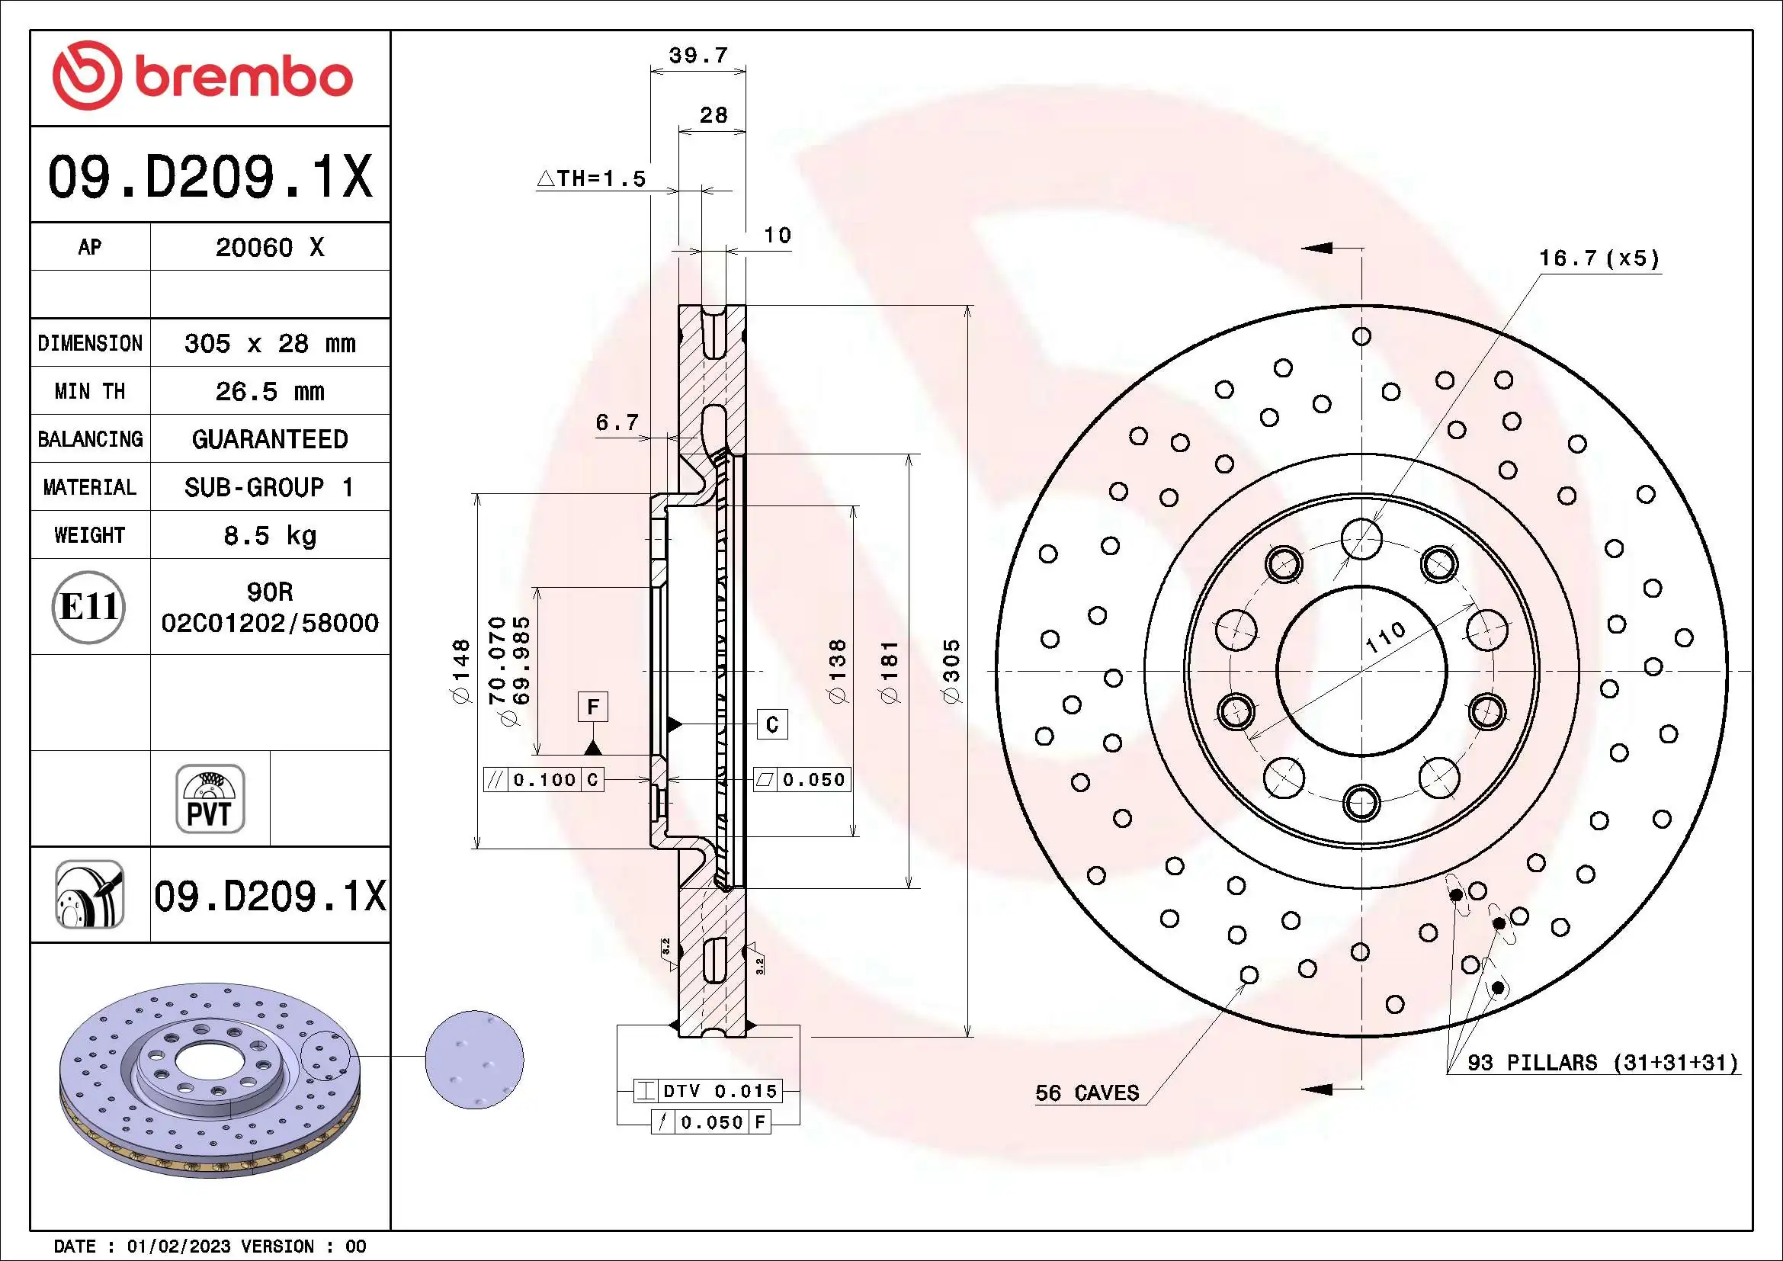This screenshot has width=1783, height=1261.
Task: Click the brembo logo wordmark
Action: click(x=242, y=78)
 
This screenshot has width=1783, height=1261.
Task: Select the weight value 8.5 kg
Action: click(x=269, y=535)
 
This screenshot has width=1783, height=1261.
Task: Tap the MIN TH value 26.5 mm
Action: click(x=269, y=391)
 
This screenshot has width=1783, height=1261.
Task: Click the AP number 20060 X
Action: click(x=269, y=248)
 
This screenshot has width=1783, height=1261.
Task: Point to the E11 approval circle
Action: click(x=88, y=606)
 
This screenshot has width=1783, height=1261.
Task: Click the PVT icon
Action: click(x=210, y=799)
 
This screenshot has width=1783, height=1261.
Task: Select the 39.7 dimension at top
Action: click(x=698, y=56)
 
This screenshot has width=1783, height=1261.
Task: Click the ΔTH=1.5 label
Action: click(x=592, y=178)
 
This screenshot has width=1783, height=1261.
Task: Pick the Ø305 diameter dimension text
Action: click(x=951, y=672)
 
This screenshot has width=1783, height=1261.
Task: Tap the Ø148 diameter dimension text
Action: click(x=461, y=672)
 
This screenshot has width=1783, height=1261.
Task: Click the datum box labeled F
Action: click(x=592, y=707)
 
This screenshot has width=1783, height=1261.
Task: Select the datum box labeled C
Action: click(x=772, y=724)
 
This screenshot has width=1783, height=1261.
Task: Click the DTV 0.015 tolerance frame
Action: click(x=708, y=1091)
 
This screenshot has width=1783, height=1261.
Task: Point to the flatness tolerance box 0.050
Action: click(x=803, y=780)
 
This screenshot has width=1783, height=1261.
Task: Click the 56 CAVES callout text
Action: click(x=1086, y=1093)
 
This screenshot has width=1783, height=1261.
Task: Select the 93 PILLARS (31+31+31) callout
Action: click(x=1602, y=1062)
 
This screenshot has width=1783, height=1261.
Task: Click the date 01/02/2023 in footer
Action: click(x=178, y=1247)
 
